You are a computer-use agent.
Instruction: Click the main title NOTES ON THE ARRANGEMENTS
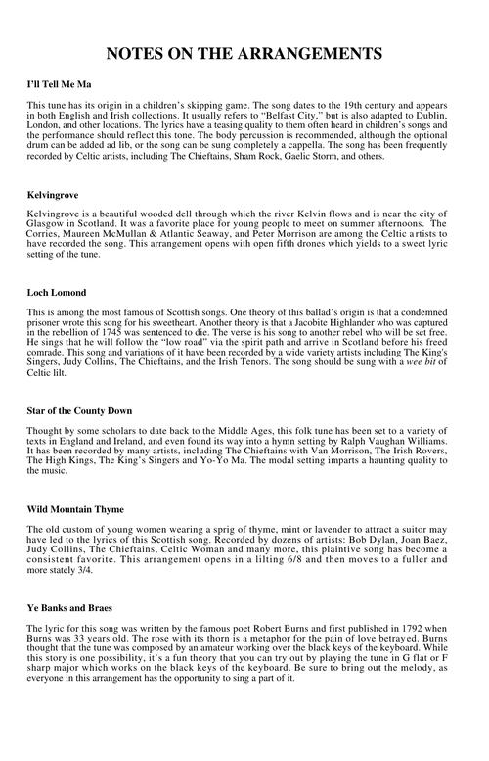244,52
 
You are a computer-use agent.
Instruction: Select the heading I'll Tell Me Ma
62,86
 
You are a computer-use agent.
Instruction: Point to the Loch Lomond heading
57,293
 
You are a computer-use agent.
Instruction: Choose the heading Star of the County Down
79,409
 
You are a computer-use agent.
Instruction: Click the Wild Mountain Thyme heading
75,509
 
